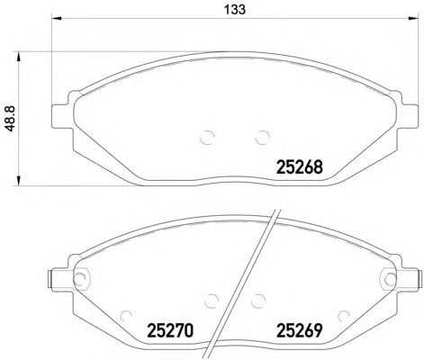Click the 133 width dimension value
click(235, 9)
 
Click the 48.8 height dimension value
click(11, 119)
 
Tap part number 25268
click(299, 167)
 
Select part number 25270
click(170, 330)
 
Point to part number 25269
click(299, 330)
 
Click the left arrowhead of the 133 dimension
click(57, 19)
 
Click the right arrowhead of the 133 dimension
click(413, 19)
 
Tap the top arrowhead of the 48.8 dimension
click(19, 57)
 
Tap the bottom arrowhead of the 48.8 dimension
click(19, 181)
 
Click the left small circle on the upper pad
click(207, 138)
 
